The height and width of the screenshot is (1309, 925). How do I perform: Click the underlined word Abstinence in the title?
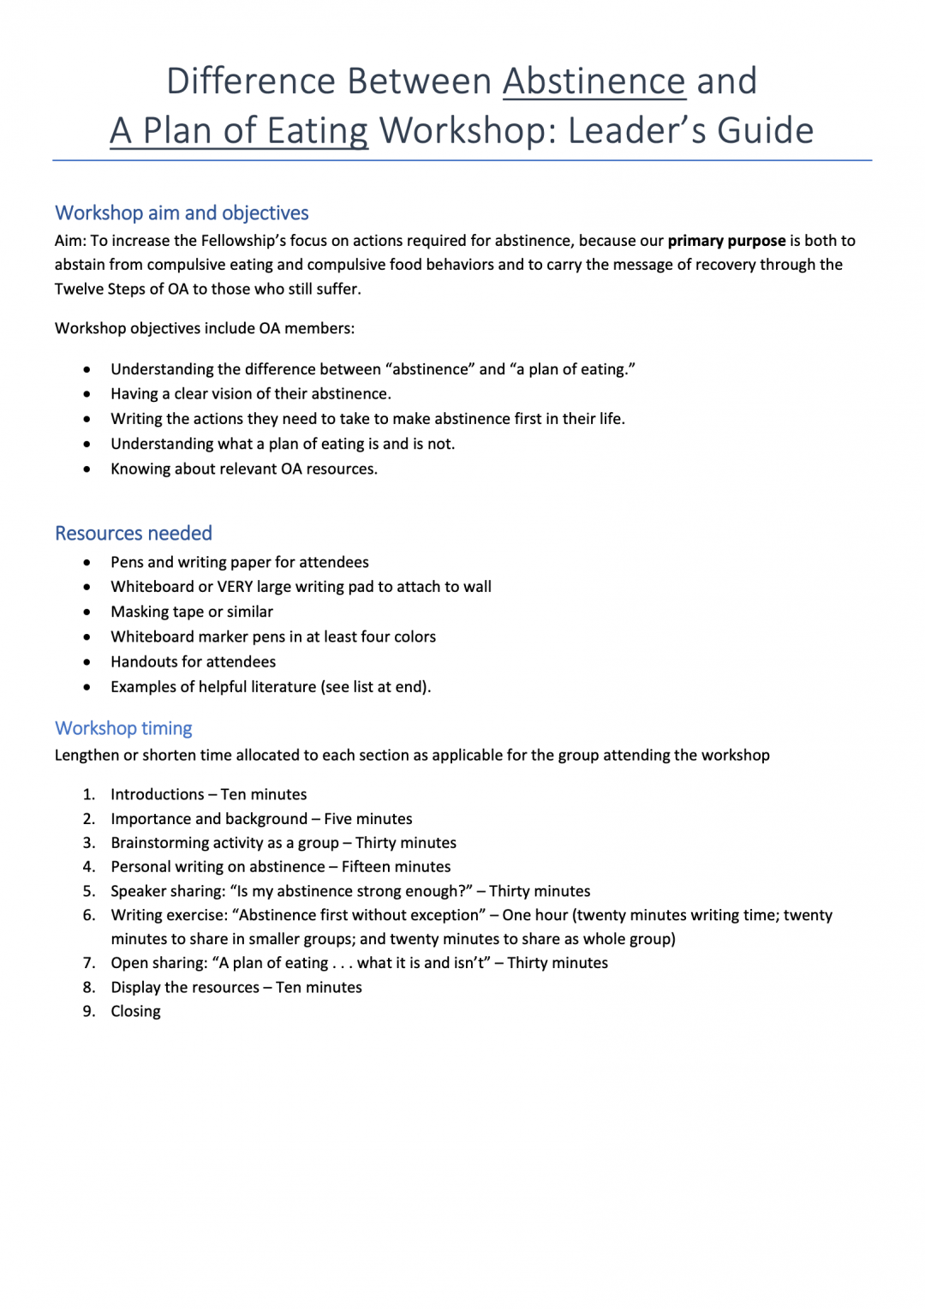(594, 81)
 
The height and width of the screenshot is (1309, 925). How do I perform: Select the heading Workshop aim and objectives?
(182, 212)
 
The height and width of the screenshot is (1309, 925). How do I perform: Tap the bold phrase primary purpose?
(726, 241)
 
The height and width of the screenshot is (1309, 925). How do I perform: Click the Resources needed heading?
(134, 533)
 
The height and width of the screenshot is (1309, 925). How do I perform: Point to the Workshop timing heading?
(123, 728)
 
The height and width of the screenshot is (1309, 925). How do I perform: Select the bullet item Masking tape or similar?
(192, 612)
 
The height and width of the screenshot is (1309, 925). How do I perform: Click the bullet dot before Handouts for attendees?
(87, 662)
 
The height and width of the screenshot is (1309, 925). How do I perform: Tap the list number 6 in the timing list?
(89, 915)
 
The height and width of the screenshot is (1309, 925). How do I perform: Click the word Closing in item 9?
(135, 1011)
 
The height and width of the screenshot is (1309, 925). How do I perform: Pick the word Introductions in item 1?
(158, 794)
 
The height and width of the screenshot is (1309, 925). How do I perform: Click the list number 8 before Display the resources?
(89, 987)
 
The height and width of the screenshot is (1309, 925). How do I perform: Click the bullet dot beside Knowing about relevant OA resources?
(87, 469)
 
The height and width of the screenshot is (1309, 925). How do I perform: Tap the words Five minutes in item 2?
(368, 819)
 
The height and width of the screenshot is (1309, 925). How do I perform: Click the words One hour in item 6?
(535, 915)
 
